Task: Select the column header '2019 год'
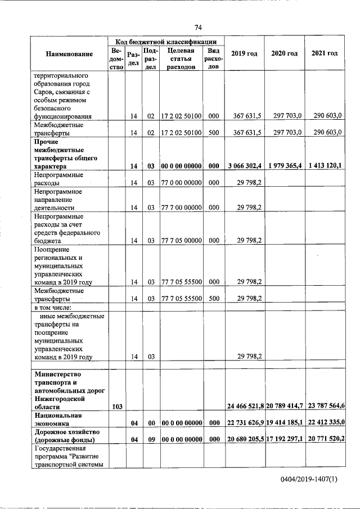tap(244, 53)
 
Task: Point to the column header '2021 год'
tap(325, 53)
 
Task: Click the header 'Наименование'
tap(69, 53)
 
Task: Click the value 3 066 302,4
tap(244, 166)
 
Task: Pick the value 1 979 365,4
tap(285, 166)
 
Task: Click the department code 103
tap(116, 406)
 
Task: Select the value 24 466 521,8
tap(245, 406)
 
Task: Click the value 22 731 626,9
tap(245, 422)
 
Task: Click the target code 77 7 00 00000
tap(182, 207)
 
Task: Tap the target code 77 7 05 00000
tap(182, 240)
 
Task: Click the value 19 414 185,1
tap(285, 422)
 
